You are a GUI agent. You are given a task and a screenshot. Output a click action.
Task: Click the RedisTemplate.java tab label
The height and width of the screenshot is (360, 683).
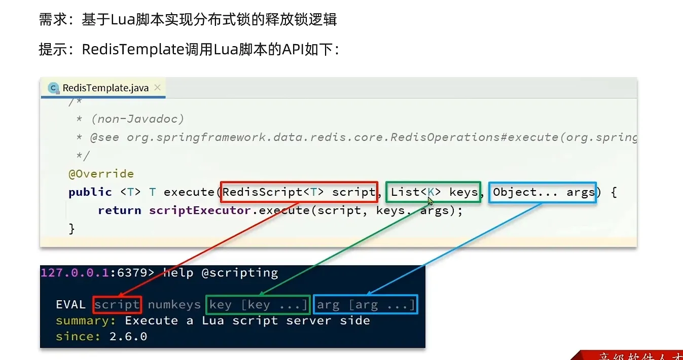click(x=105, y=88)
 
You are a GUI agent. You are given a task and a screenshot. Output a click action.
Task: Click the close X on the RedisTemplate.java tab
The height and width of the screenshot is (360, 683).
click(x=157, y=87)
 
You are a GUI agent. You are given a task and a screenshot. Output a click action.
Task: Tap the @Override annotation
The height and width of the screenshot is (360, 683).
click(x=101, y=173)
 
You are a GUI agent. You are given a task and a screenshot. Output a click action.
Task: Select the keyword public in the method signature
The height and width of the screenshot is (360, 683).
click(x=90, y=192)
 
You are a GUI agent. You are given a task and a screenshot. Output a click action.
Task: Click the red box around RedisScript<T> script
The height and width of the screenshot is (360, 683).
click(x=299, y=192)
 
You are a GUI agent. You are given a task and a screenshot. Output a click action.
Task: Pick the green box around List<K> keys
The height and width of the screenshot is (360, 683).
click(x=433, y=192)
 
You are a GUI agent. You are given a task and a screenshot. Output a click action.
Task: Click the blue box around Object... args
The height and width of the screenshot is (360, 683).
click(x=543, y=192)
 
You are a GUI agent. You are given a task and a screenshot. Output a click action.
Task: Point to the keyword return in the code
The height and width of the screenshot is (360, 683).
click(x=120, y=210)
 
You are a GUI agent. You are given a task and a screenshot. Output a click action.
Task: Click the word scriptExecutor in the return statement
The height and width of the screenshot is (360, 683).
click(x=200, y=210)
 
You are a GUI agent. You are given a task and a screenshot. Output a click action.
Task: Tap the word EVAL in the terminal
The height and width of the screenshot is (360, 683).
click(x=71, y=305)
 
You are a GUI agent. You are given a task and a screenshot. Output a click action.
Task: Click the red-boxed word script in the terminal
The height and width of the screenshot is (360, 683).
click(x=117, y=305)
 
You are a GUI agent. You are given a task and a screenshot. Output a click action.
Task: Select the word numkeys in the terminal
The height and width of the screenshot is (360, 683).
click(x=174, y=305)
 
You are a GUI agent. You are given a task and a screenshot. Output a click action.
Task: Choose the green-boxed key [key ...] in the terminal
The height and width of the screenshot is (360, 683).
click(x=258, y=305)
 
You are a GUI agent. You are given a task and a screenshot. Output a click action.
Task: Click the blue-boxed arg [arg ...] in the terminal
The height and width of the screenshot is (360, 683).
click(x=365, y=305)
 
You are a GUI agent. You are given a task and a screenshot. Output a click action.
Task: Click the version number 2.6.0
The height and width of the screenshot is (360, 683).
click(x=128, y=337)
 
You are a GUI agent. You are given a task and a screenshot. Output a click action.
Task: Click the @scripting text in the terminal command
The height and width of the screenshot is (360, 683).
click(x=240, y=273)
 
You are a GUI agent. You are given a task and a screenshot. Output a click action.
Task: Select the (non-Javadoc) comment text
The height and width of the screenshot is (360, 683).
click(x=137, y=119)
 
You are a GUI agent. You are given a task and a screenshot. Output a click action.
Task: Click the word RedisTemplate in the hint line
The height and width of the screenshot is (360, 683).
click(x=133, y=49)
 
